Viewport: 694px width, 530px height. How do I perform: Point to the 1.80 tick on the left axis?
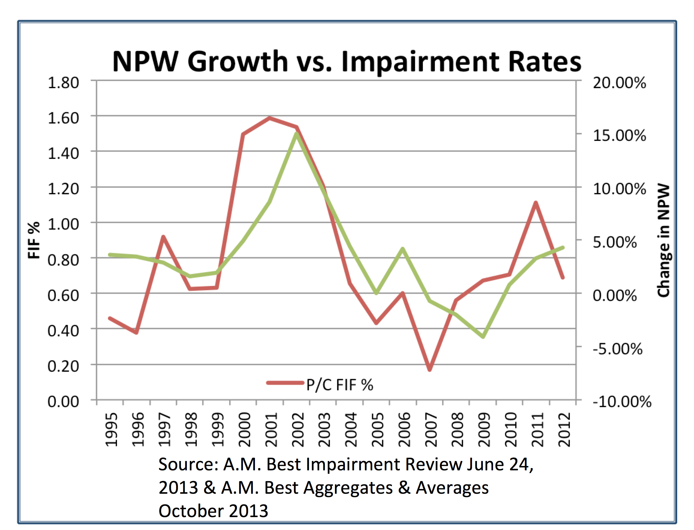pos(63,83)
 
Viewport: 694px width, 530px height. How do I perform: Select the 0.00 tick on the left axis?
pos(63,402)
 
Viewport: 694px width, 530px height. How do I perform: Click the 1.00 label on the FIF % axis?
pos(63,224)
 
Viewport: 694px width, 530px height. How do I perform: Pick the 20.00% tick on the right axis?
pos(619,83)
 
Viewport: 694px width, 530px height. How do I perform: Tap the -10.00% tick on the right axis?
pos(622,402)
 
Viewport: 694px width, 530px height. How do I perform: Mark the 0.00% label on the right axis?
pos(615,296)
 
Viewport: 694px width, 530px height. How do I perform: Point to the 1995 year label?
pos(111,430)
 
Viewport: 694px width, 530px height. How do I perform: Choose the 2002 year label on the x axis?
pos(298,430)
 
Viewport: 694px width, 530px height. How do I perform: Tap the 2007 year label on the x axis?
pos(431,430)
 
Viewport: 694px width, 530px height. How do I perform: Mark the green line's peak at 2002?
pos(296,134)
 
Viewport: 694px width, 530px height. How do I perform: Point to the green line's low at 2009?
pos(483,337)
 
